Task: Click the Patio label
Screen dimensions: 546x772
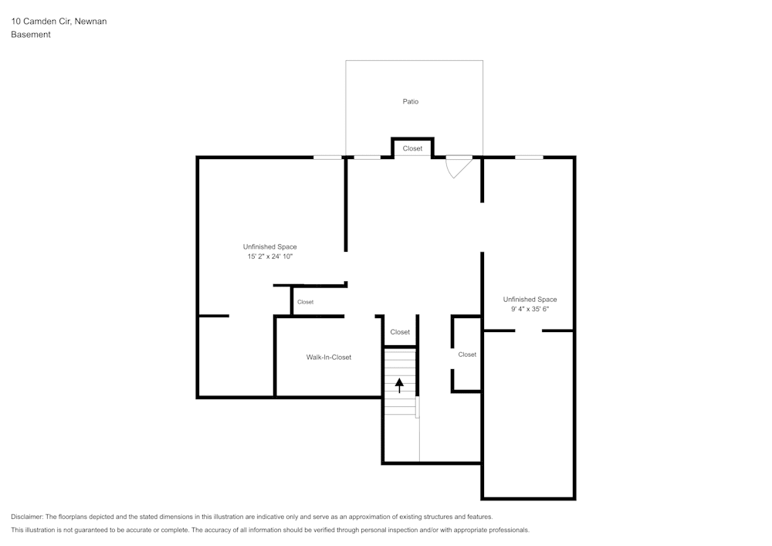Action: [411, 102]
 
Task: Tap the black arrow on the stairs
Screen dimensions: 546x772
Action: [399, 385]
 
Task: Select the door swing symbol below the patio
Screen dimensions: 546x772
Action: [459, 166]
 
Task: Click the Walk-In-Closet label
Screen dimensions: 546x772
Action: [329, 358]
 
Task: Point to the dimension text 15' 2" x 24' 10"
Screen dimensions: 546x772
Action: [270, 256]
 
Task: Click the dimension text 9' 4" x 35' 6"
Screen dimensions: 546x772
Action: [530, 309]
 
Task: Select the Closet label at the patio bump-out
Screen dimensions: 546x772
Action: [412, 148]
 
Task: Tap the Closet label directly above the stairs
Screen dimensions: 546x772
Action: [400, 332]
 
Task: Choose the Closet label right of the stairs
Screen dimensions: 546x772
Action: [467, 354]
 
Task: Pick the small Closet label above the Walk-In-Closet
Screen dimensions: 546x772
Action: [306, 302]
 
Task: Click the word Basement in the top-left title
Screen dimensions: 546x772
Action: [31, 35]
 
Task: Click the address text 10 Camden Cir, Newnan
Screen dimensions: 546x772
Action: [59, 22]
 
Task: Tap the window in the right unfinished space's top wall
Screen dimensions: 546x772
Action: [529, 158]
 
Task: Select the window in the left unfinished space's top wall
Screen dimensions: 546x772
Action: [327, 158]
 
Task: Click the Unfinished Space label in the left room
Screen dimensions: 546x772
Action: [270, 247]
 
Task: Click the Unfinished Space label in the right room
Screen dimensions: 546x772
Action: [530, 300]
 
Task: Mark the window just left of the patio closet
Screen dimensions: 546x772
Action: [367, 158]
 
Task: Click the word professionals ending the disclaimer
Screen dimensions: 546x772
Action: [506, 531]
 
